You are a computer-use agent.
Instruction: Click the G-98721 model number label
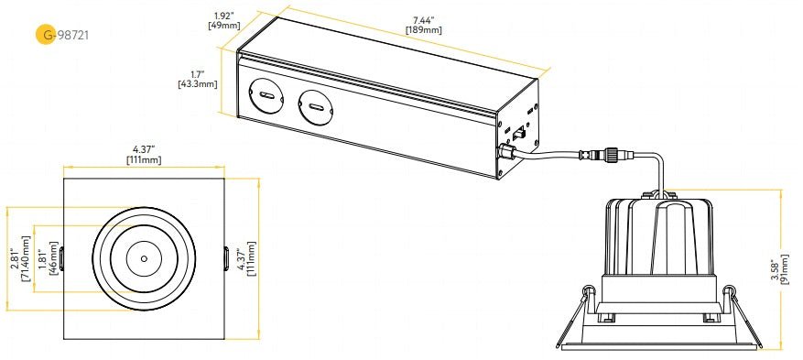[71, 35]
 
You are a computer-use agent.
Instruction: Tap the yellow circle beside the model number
[43, 35]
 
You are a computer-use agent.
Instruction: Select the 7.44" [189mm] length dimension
[423, 25]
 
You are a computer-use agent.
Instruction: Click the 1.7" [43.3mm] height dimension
[198, 80]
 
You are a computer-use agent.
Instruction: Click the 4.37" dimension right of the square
[245, 259]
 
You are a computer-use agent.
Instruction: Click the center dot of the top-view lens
[144, 259]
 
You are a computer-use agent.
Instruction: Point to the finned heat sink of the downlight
[658, 234]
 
